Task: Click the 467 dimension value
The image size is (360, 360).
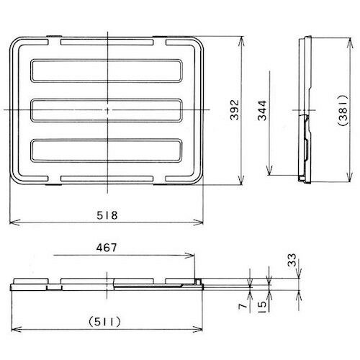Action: coord(105,246)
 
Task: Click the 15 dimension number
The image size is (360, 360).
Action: coord(264,306)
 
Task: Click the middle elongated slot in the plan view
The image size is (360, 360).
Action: coord(107,109)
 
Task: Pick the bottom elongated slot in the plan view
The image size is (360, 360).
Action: coord(107,150)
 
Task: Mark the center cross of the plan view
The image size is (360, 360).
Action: coord(107,109)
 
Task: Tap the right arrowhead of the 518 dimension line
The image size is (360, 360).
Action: coord(203,222)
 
